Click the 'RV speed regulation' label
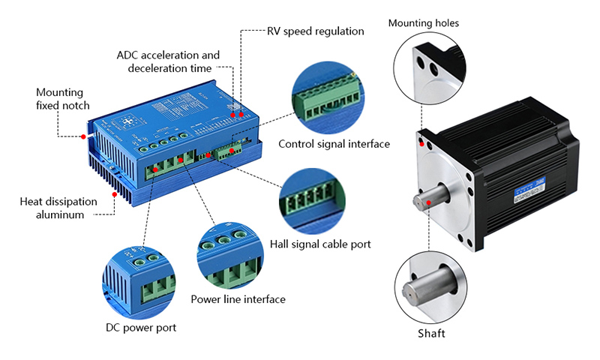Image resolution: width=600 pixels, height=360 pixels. pyautogui.click(x=315, y=31)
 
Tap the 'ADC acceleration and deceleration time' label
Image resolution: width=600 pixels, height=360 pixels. pyautogui.click(x=169, y=61)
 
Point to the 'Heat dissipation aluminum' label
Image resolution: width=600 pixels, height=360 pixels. pyautogui.click(x=58, y=207)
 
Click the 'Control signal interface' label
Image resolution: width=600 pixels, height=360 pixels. pyautogui.click(x=334, y=144)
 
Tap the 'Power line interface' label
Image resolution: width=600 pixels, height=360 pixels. pyautogui.click(x=238, y=299)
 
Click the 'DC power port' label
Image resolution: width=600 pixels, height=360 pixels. pyautogui.click(x=142, y=328)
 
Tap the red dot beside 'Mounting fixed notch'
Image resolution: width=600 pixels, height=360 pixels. pyautogui.click(x=83, y=137)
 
